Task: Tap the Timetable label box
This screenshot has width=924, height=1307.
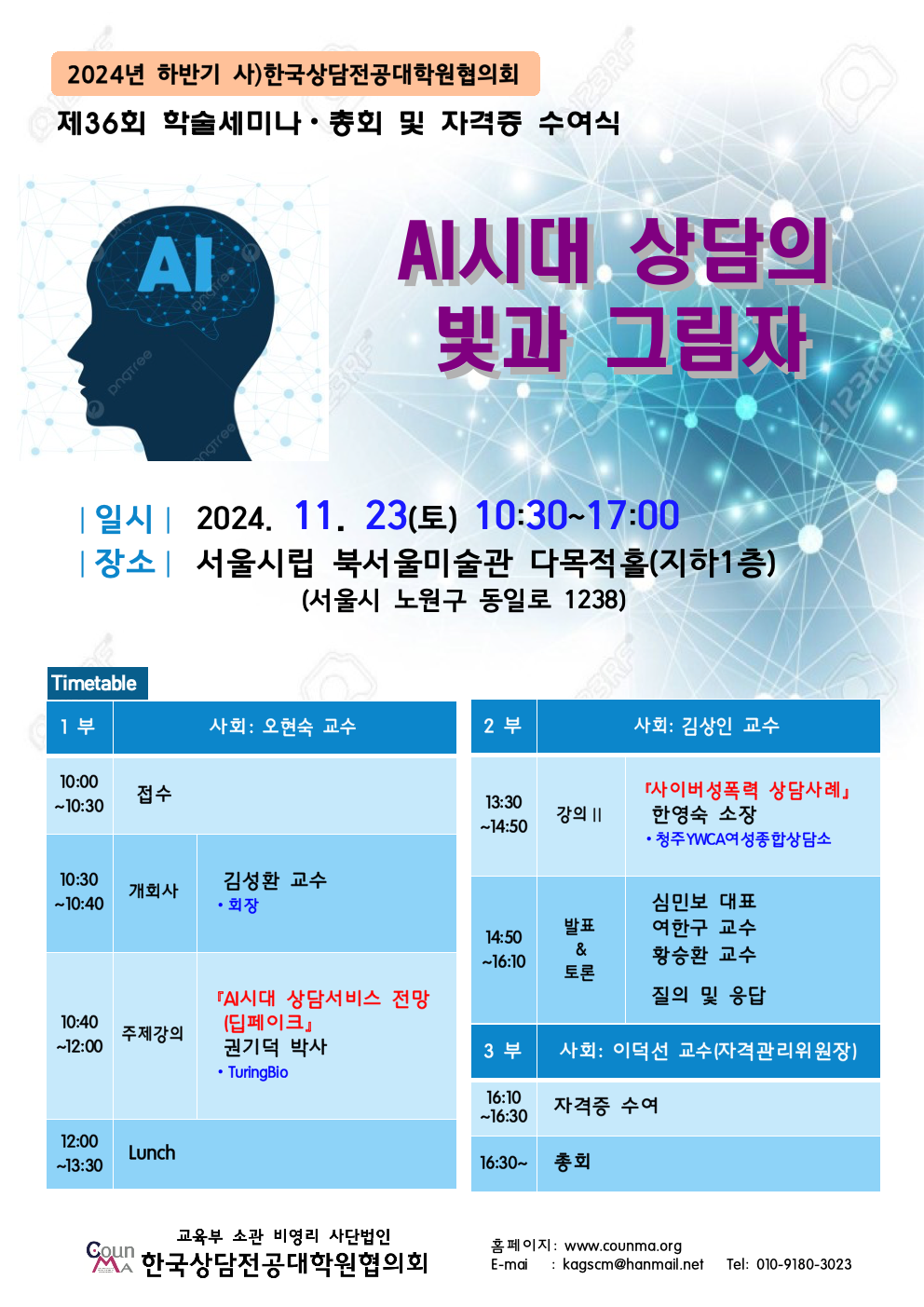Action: (x=98, y=683)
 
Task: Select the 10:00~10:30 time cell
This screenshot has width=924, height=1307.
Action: (x=79, y=795)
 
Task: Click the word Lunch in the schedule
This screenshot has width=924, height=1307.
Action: (x=152, y=1153)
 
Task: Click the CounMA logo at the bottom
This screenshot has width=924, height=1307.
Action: (x=110, y=1257)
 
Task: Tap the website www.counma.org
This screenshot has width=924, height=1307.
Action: (x=622, y=1246)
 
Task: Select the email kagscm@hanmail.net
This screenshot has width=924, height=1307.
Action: (x=632, y=1265)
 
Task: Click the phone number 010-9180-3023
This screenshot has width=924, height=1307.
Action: (x=803, y=1265)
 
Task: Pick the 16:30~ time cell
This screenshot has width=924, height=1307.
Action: (x=503, y=1163)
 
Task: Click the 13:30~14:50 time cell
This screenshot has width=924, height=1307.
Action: (x=503, y=815)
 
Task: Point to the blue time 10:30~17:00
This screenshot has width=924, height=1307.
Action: (x=577, y=515)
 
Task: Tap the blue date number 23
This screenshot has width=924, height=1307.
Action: (x=386, y=515)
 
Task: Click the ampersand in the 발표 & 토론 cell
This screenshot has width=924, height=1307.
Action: (x=580, y=950)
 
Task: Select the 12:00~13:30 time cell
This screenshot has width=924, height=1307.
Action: (x=79, y=1153)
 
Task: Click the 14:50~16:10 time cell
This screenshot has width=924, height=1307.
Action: (x=503, y=949)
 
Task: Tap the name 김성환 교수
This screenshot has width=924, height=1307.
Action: (x=275, y=880)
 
